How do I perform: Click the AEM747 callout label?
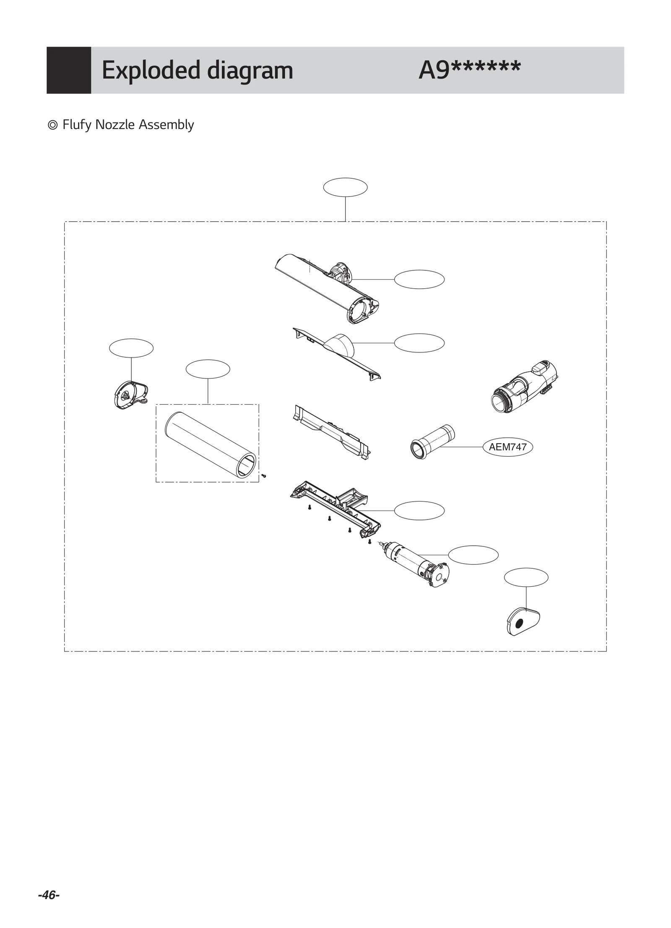507,447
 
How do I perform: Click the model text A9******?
469,70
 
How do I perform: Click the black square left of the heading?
69,70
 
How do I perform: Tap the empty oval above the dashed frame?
345,187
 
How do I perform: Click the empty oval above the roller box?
208,369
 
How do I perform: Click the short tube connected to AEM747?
432,442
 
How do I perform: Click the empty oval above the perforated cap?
525,577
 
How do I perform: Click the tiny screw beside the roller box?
264,476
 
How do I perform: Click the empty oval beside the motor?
473,555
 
